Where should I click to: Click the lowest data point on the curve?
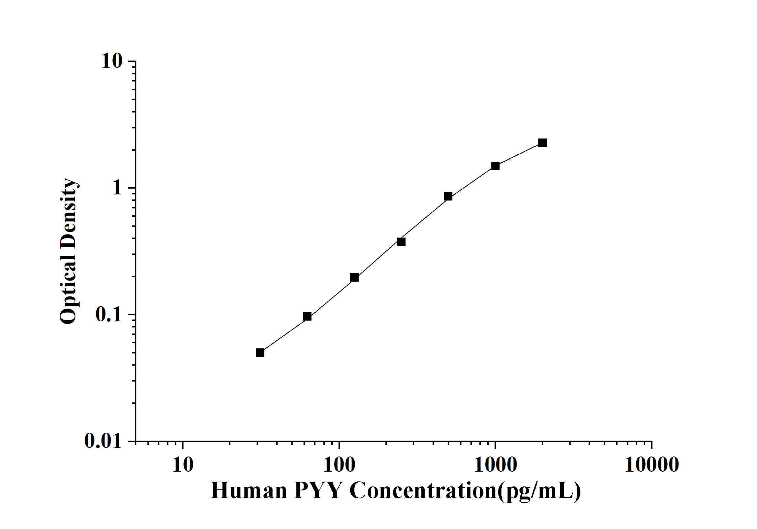point(260,353)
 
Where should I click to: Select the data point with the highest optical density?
point(542,142)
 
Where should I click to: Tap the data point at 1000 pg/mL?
point(495,166)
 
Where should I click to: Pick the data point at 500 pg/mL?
point(448,197)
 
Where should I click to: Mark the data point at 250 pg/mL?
point(401,242)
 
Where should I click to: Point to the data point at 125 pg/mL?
point(354,277)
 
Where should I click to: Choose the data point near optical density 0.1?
point(307,316)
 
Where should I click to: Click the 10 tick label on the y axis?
point(112,61)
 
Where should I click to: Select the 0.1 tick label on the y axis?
point(108,315)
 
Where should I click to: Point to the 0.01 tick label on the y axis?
point(103,441)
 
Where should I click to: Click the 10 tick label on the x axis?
point(183,465)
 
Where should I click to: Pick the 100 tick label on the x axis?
point(339,465)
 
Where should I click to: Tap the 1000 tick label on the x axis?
point(495,465)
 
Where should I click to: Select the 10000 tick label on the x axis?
point(651,465)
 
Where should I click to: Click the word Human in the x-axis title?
point(249,491)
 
